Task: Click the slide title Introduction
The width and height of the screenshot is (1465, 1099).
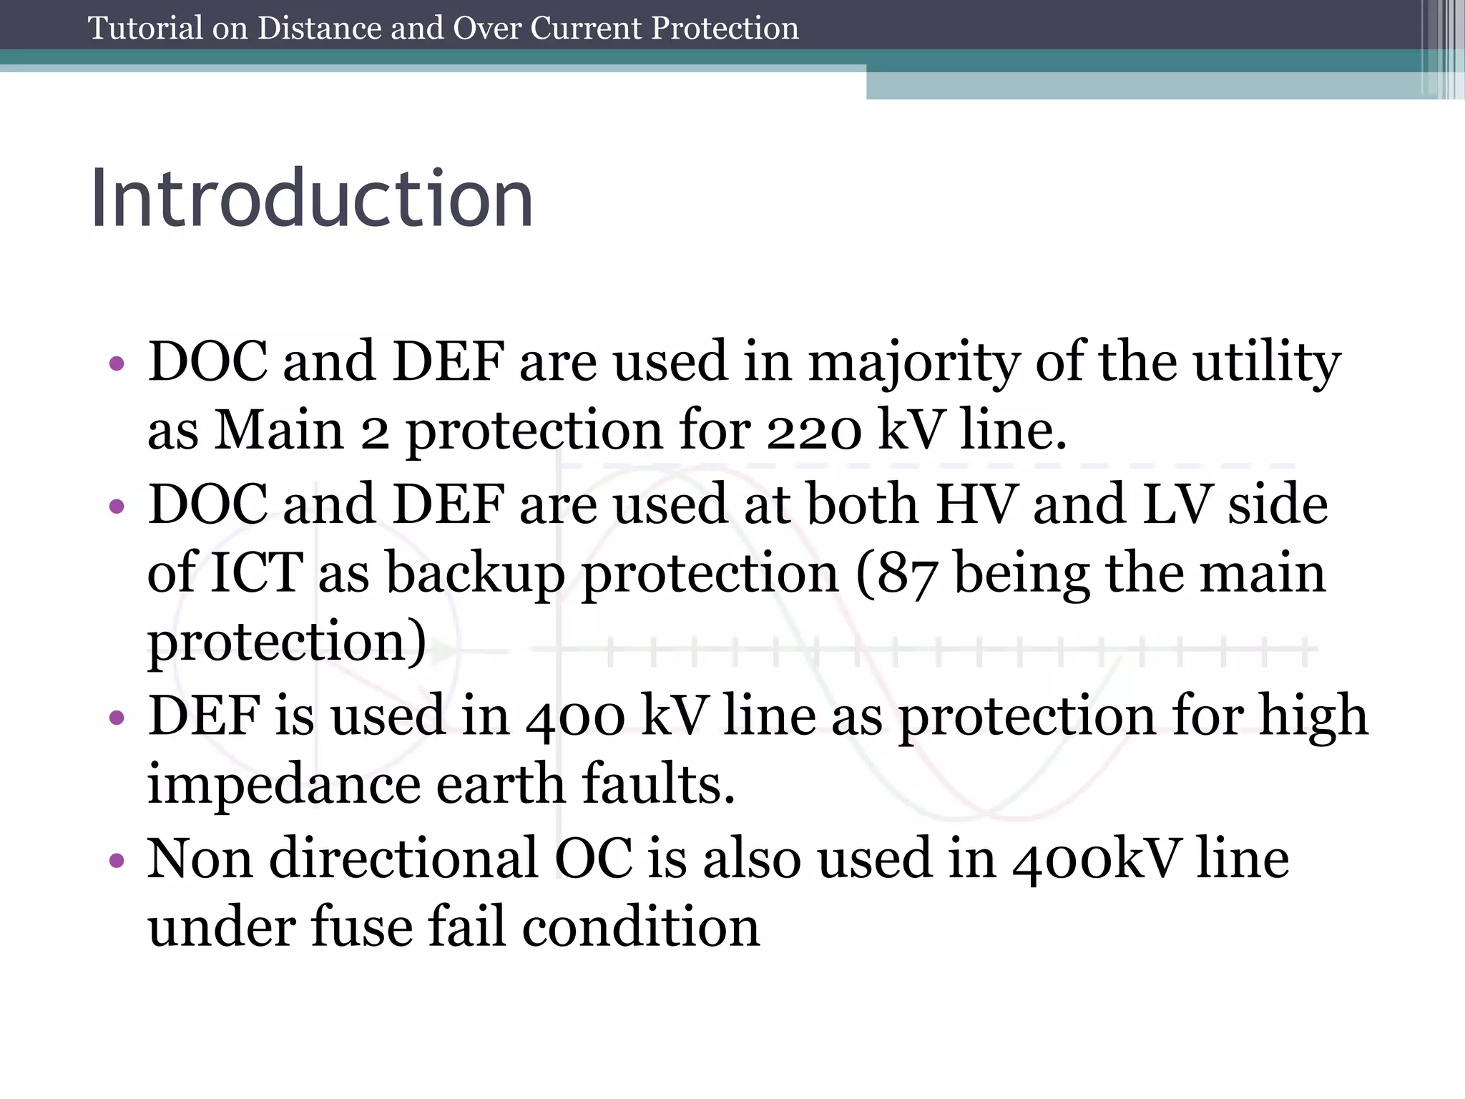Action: [312, 197]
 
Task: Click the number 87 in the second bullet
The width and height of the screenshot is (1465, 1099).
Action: [906, 574]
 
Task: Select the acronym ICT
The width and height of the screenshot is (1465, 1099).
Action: [257, 574]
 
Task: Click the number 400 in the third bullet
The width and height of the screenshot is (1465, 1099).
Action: [575, 717]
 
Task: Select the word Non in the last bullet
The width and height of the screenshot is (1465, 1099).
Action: [200, 859]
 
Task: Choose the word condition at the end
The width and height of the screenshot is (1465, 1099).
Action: [640, 927]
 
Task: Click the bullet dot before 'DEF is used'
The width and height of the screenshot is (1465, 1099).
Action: [117, 718]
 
